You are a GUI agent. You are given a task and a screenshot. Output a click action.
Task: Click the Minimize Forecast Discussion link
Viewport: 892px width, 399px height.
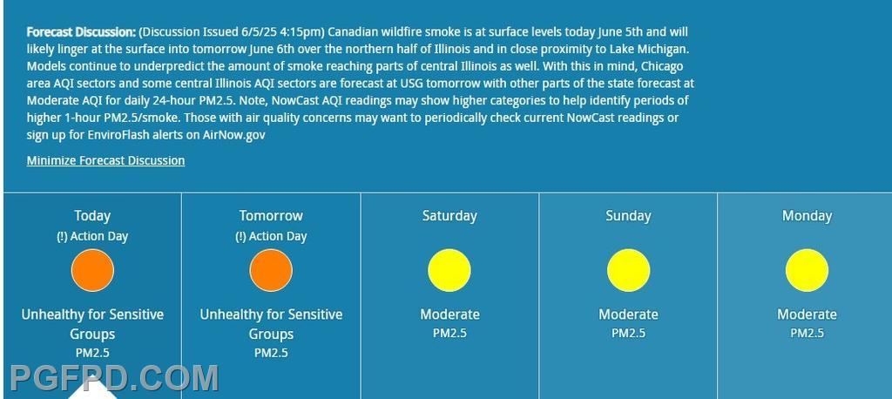(105, 160)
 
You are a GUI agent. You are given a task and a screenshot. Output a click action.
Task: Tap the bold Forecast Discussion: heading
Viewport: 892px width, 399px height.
(81, 32)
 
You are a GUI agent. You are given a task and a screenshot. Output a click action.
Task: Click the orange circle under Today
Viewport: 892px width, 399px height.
(92, 270)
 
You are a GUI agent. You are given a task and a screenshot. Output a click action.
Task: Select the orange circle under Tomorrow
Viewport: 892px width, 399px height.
(271, 270)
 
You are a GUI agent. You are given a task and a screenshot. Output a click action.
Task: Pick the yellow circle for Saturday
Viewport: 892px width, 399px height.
(449, 270)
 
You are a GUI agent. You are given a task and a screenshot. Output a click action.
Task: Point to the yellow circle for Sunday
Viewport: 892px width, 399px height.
(628, 270)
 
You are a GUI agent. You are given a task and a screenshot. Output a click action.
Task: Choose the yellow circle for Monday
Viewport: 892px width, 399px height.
(807, 270)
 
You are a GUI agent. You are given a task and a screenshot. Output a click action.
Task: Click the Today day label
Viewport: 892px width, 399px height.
(92, 216)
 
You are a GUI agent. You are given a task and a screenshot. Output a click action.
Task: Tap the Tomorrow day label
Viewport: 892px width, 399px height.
(271, 216)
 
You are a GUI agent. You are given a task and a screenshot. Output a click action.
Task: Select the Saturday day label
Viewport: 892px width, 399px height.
(449, 216)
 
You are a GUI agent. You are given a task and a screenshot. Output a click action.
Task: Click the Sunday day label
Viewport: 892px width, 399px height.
(628, 216)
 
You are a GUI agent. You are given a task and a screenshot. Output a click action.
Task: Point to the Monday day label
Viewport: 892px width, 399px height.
(807, 216)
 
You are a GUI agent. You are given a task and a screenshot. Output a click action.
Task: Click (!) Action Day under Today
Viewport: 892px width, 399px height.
(92, 237)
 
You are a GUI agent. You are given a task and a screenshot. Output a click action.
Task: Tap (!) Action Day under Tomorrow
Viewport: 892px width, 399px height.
(271, 237)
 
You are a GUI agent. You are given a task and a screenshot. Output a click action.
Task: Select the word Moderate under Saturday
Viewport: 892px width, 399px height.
(449, 314)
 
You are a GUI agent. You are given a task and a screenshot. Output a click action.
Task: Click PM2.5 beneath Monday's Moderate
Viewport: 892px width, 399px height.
(807, 333)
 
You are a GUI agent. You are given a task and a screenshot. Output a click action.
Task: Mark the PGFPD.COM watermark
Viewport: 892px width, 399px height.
(114, 378)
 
